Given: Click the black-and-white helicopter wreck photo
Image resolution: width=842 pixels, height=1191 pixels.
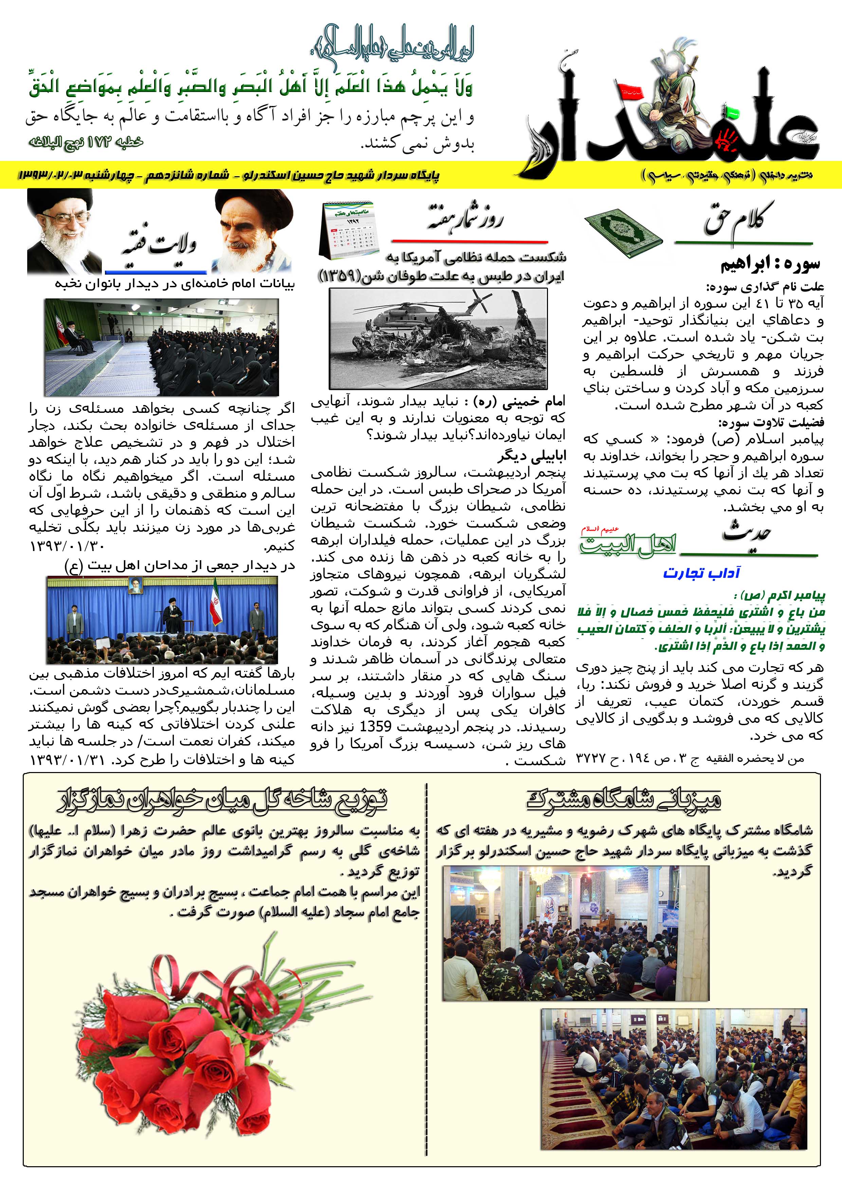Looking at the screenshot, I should (438, 338).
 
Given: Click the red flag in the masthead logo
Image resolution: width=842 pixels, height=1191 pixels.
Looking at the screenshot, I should (629, 90).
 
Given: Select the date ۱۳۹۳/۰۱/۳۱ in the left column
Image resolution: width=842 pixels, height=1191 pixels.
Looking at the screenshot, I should (68, 760).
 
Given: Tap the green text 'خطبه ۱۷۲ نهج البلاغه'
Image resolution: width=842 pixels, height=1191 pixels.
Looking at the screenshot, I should (86, 142).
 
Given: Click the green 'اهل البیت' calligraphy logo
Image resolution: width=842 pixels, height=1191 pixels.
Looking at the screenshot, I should (628, 543).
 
